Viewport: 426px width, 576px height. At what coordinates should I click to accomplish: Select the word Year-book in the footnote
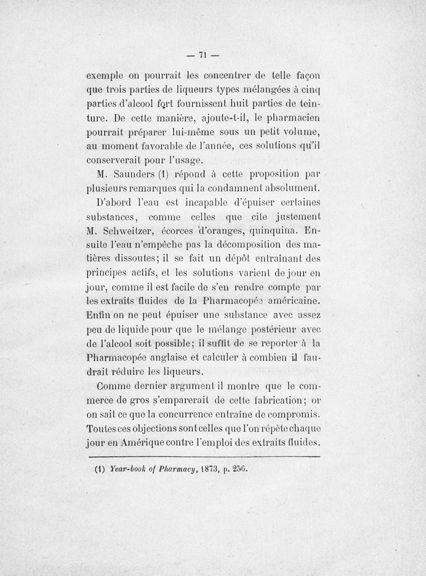tap(127, 471)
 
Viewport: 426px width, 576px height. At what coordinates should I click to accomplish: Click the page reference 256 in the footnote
tap(240, 471)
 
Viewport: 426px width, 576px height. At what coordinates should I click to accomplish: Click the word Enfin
tap(99, 318)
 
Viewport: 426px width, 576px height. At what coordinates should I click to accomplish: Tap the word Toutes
tap(102, 428)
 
